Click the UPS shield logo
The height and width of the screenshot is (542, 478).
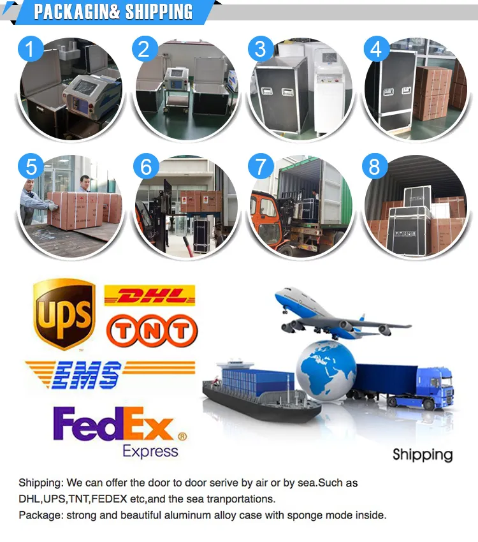tap(64, 314)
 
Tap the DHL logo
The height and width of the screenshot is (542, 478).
tap(150, 295)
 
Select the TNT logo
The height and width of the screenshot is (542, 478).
tap(152, 330)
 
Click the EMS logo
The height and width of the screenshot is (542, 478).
tap(110, 375)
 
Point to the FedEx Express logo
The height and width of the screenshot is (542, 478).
tap(120, 433)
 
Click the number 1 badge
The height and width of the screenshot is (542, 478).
tap(31, 48)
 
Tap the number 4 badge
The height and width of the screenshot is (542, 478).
tap(377, 48)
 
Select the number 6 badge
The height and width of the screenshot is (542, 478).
tap(146, 166)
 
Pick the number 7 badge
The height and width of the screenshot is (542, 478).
tap(261, 166)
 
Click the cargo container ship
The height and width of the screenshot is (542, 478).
tap(261, 391)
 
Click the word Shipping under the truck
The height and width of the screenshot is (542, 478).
tap(423, 455)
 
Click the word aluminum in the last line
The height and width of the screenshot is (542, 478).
tap(187, 515)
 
